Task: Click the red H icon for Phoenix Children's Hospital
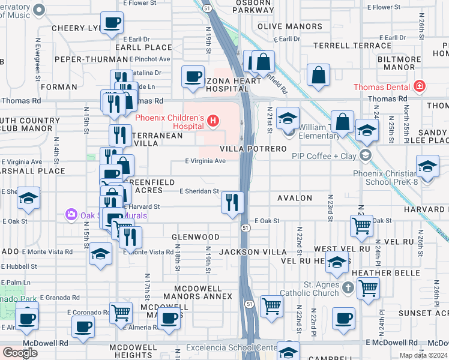tap(212, 122)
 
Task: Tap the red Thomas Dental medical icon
tap(418, 87)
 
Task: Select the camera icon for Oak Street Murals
tap(71, 214)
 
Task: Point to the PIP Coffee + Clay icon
tap(364, 156)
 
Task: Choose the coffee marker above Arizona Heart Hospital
tap(193, 77)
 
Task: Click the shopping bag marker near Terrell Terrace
tap(319, 75)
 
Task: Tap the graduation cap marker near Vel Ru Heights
tap(337, 262)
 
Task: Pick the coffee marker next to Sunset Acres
tap(343, 318)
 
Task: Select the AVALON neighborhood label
tap(295, 198)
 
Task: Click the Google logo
tap(20, 353)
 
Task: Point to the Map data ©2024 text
tap(423, 355)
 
